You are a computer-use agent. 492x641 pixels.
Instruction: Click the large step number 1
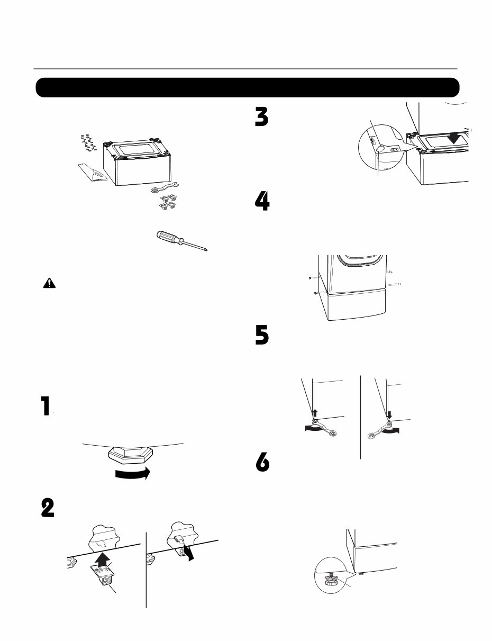[x=45, y=405]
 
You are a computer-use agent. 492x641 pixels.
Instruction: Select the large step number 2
[x=48, y=508]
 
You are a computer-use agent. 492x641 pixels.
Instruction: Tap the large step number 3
[x=262, y=117]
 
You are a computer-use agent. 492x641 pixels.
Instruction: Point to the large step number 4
[x=262, y=201]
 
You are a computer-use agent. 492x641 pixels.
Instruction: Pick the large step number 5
[x=262, y=335]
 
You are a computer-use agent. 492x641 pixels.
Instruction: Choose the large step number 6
[x=262, y=462]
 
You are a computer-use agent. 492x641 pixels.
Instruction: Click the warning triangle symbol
[x=49, y=284]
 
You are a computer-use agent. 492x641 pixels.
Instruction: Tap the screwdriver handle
[x=168, y=238]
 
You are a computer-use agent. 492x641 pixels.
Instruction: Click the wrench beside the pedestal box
[x=165, y=187]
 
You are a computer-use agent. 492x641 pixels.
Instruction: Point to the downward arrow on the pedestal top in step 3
[x=454, y=138]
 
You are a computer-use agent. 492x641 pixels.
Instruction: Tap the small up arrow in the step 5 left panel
[x=315, y=413]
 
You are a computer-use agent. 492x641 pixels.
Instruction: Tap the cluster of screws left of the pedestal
[x=88, y=142]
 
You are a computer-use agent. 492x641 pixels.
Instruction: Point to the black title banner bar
[x=248, y=88]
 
